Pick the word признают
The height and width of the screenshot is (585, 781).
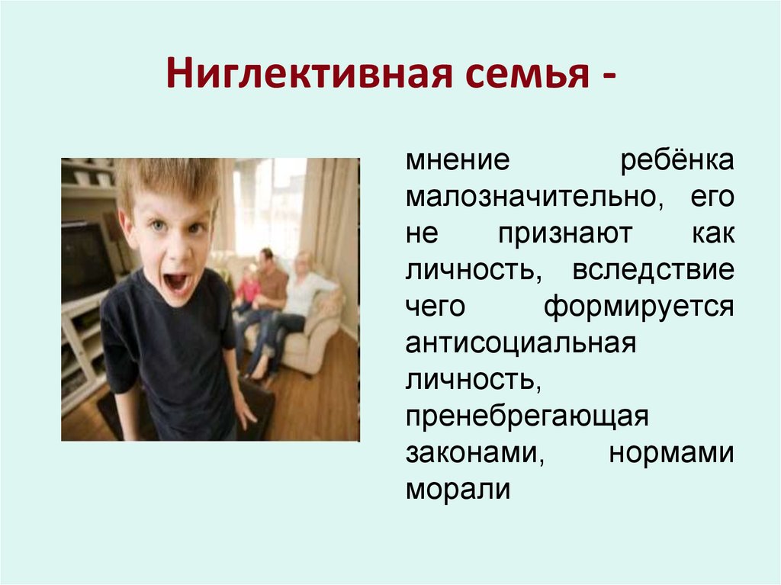[x=565, y=235]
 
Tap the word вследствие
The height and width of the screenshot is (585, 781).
[x=652, y=271]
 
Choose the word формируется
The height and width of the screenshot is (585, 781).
[x=639, y=307]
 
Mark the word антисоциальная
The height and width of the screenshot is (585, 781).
[x=520, y=343]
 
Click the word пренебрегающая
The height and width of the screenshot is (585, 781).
[x=526, y=416]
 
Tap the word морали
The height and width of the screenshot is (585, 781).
[x=457, y=489]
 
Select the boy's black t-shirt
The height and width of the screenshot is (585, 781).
[x=172, y=351]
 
